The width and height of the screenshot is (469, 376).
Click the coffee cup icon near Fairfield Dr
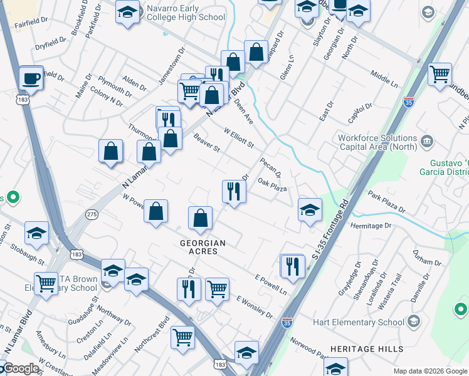click(31, 78)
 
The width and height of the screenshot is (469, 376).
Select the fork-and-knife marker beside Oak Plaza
click(234, 192)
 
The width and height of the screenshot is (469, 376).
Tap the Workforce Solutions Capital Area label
click(377, 143)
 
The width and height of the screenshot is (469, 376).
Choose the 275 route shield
click(93, 214)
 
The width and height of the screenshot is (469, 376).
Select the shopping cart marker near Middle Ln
click(440, 74)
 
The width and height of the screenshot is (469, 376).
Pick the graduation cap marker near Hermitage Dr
click(310, 210)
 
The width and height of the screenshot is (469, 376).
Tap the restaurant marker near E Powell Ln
click(292, 266)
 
